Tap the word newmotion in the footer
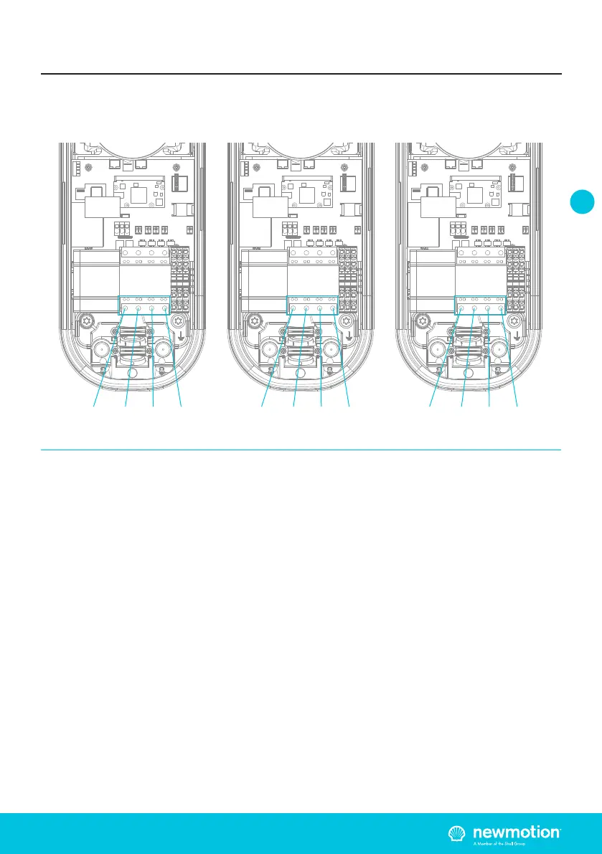[514, 832]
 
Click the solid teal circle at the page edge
[583, 201]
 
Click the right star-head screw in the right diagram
[513, 321]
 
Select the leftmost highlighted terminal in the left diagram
[125, 310]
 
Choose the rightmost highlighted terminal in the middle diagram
[333, 310]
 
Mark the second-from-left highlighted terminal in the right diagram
[474, 310]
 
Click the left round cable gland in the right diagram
[437, 351]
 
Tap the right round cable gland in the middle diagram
[331, 351]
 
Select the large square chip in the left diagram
[138, 193]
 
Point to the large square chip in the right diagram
[475, 193]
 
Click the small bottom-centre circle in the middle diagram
[300, 372]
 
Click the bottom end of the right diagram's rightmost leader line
[517, 407]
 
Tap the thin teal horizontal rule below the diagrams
[301, 450]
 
